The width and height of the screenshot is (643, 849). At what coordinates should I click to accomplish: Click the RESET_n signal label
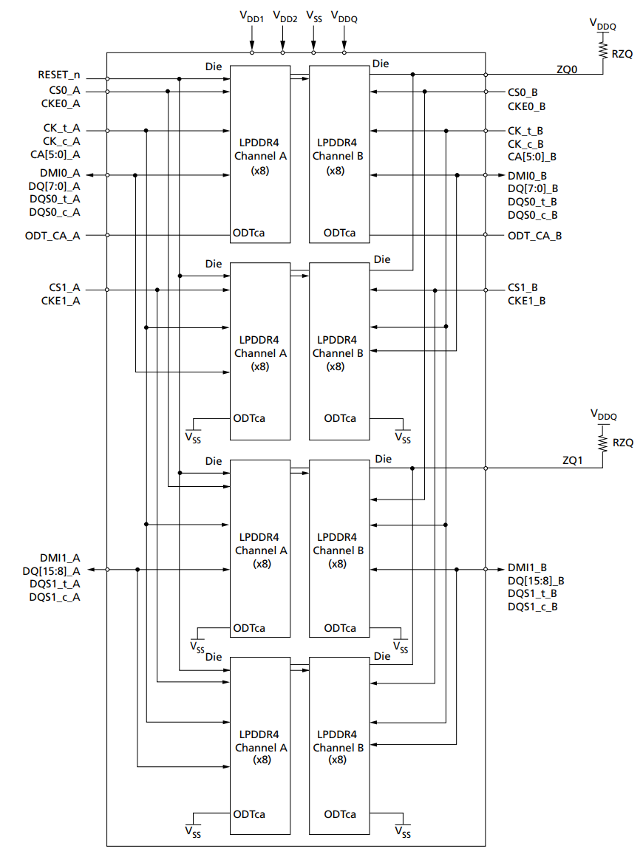click(x=59, y=75)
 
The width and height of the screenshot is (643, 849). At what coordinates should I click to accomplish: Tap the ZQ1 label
click(x=574, y=460)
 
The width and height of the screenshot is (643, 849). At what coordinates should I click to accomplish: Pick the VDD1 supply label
click(x=252, y=16)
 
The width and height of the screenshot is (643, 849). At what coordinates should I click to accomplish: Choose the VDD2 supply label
click(x=285, y=16)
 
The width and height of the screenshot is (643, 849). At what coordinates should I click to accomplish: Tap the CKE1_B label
click(x=526, y=301)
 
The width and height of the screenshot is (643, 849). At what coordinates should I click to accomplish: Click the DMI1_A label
click(x=61, y=558)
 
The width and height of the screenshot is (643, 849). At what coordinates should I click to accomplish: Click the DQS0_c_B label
click(x=532, y=215)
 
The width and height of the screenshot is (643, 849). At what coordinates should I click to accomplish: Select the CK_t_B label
click(x=525, y=131)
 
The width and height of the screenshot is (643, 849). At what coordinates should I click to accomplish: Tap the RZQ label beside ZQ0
click(x=622, y=54)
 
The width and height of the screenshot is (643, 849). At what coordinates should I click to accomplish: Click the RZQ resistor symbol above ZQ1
click(x=602, y=442)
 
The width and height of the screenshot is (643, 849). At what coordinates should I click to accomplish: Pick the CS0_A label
click(x=65, y=92)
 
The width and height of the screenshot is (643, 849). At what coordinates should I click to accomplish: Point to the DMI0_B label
click(x=527, y=176)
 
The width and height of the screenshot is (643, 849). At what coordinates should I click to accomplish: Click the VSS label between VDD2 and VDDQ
click(x=313, y=16)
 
